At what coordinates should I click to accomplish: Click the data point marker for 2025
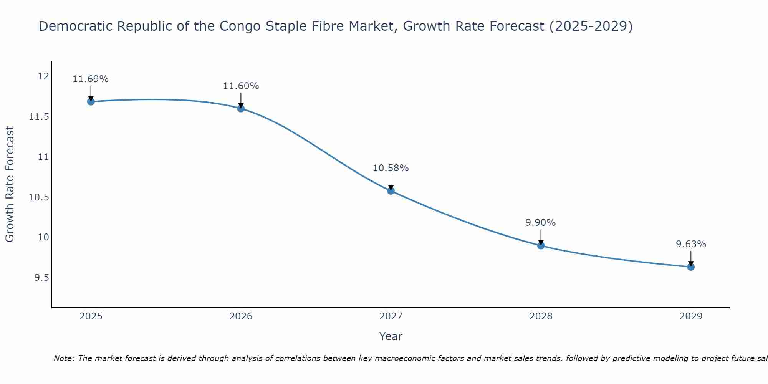[x=91, y=101]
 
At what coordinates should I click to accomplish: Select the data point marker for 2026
[x=241, y=108]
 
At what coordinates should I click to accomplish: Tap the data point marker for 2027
[x=391, y=190]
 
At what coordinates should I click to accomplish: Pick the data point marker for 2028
[x=541, y=245]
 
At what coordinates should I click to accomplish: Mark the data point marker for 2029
[x=691, y=267]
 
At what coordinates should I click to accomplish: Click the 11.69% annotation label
[x=91, y=79]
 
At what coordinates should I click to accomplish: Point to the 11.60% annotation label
[x=241, y=86]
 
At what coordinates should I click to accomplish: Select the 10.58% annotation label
[x=391, y=168]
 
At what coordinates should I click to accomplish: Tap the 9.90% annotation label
[x=540, y=223]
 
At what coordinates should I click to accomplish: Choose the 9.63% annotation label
[x=691, y=244]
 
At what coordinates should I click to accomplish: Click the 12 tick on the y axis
[x=43, y=76]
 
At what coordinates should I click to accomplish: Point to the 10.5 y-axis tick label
[x=39, y=197]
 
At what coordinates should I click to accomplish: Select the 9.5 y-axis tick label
[x=41, y=278]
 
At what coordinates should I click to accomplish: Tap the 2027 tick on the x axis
[x=391, y=316]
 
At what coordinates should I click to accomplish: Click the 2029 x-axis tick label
[x=691, y=316]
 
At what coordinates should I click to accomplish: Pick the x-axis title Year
[x=391, y=336]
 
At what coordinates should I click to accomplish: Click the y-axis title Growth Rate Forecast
[x=10, y=184]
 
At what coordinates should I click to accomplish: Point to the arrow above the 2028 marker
[x=541, y=237]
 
